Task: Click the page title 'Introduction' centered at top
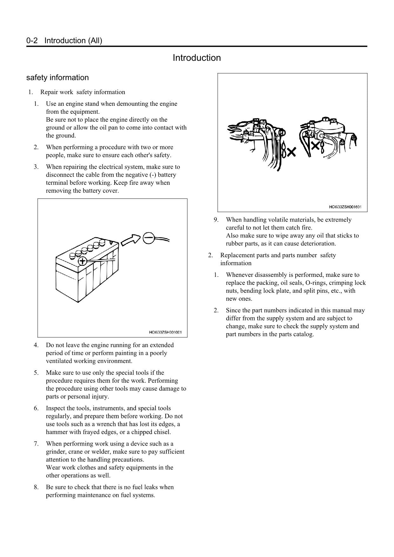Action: [x=197, y=58]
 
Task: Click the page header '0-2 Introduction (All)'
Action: [x=64, y=41]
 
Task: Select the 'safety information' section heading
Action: [x=57, y=77]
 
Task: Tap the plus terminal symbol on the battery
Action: [x=82, y=261]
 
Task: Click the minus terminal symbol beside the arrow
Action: [x=149, y=238]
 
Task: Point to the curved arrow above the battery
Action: [x=131, y=240]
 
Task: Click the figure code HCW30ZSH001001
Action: [x=165, y=332]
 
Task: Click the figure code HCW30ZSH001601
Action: [x=345, y=207]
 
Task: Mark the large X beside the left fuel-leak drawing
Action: [x=291, y=152]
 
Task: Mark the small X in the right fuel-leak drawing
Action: [x=315, y=146]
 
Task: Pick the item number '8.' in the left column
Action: [x=37, y=487]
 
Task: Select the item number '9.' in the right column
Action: [x=216, y=220]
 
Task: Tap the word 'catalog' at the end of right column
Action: [x=303, y=334]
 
